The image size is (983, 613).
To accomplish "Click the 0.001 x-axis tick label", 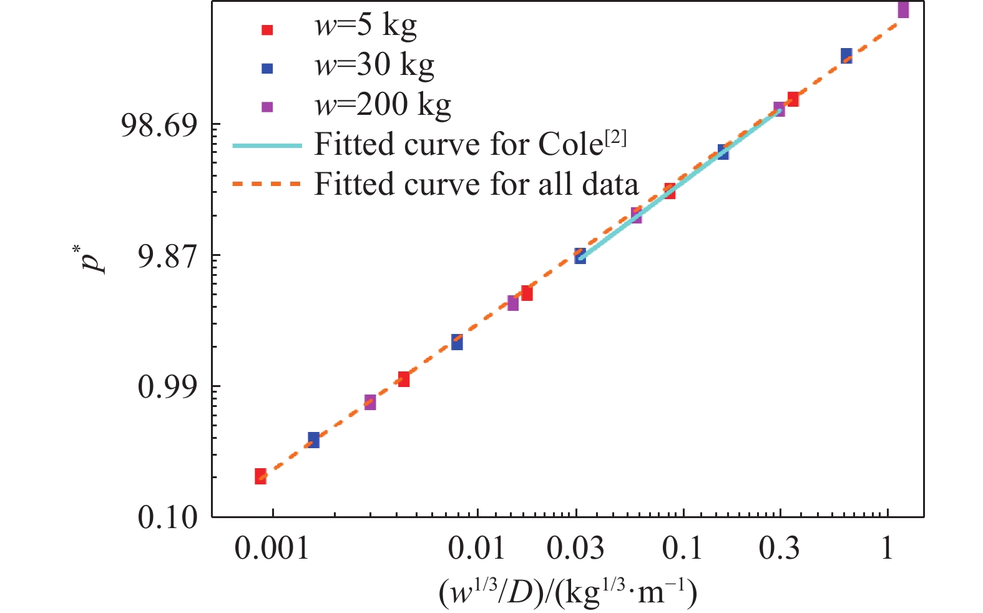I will click(272, 549).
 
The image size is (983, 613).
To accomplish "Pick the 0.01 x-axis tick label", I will click(477, 549).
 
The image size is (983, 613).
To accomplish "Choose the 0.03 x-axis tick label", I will click(575, 549).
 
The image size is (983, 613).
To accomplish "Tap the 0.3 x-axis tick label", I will click(780, 549).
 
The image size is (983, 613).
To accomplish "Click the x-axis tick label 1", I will click(887, 549).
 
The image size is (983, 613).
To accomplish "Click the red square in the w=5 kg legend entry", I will click(267, 29).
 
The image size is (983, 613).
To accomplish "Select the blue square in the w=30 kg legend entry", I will click(267, 68).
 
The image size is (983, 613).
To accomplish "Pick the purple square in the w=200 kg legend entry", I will click(267, 107).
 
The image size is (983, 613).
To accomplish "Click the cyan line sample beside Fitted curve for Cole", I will click(267, 145).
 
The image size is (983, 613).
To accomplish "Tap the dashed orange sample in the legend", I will click(267, 184).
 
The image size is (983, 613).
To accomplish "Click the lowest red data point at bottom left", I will click(260, 476).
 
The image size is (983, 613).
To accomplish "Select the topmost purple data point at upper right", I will click(903, 10).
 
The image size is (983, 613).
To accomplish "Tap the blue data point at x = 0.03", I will click(580, 256).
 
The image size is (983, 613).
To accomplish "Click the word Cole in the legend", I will click(570, 145).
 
